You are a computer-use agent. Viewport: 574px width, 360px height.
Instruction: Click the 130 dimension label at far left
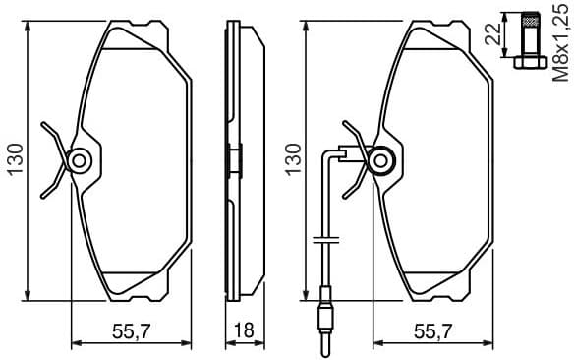(14, 157)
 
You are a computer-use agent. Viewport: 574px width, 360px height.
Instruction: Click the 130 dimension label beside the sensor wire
(291, 157)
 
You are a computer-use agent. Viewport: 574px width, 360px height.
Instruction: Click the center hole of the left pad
(80, 157)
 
